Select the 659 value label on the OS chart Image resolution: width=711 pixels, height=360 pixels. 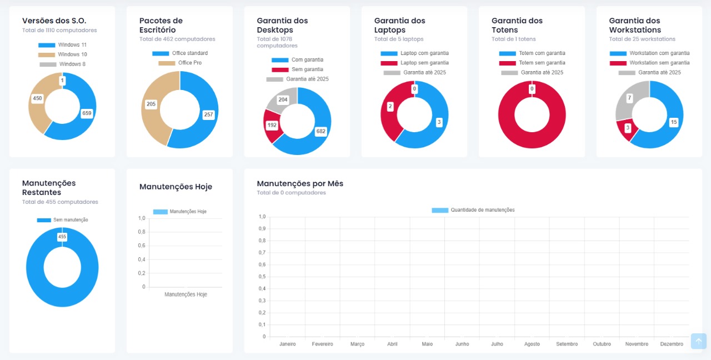86,113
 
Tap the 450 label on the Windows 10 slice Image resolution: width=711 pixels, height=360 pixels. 37,98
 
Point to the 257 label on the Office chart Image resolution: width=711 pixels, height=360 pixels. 208,115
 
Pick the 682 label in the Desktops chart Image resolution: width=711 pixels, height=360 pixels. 321,132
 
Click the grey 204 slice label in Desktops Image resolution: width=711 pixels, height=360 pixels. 283,100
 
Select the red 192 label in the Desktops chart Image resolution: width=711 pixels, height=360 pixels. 272,126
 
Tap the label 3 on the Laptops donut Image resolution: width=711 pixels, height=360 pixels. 439,122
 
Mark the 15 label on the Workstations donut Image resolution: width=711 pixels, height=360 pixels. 674,122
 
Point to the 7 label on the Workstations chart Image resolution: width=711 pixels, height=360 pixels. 629,98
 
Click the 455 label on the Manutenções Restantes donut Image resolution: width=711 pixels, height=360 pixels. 62,237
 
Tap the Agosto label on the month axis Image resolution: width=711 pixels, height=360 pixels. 532,344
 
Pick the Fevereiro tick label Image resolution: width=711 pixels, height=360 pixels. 322,344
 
